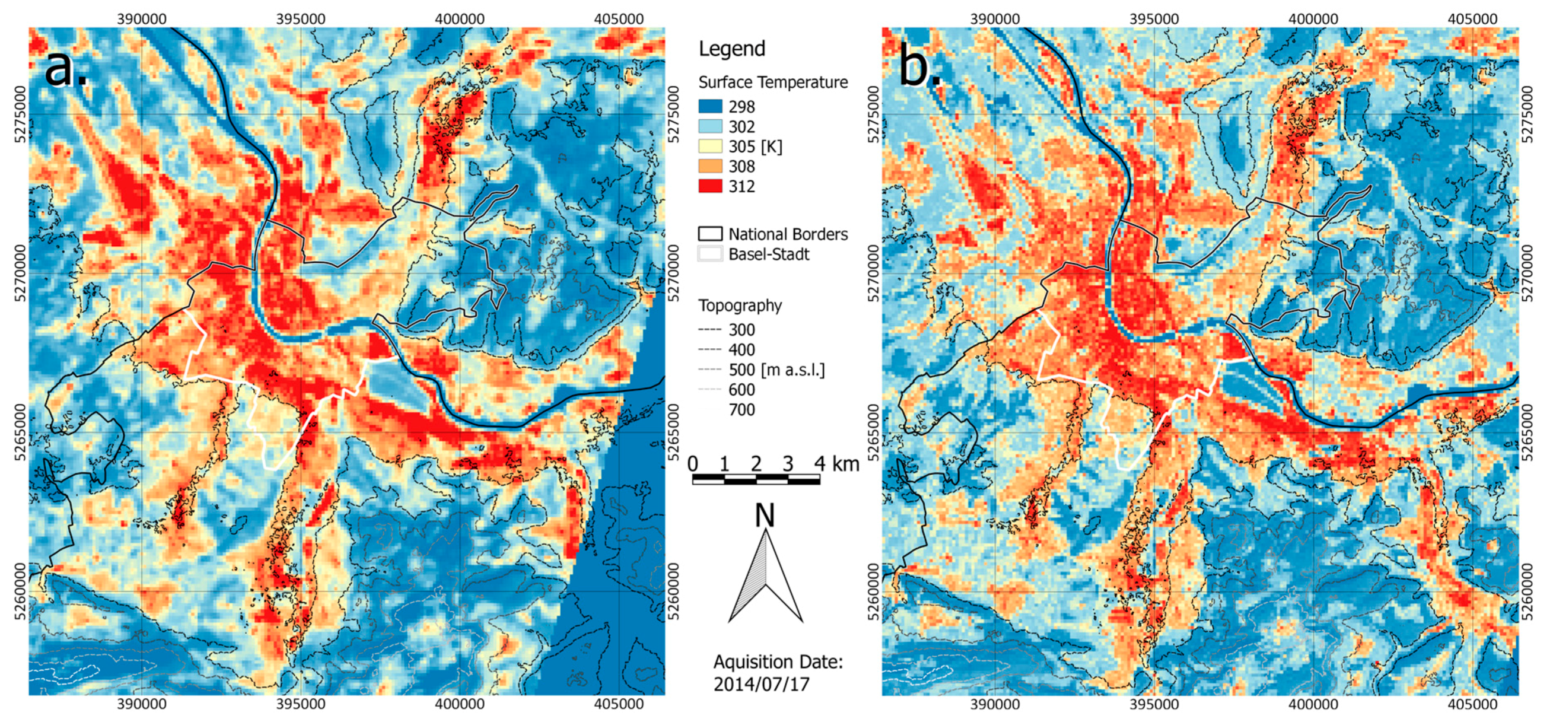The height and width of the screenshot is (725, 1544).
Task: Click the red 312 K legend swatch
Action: point(710,186)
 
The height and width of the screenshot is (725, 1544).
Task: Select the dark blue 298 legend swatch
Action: point(710,107)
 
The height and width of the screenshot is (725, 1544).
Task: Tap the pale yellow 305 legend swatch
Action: point(710,147)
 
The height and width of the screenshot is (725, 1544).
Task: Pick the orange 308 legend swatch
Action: point(710,166)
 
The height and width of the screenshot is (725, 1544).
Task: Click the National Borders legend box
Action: point(710,234)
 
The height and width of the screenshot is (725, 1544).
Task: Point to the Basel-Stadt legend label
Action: point(769,255)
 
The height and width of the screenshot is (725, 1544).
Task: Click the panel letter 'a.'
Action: point(66,67)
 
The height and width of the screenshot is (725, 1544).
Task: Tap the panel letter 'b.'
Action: point(919,67)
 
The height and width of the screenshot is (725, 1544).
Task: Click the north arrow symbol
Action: point(765,575)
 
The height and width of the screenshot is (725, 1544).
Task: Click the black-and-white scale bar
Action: point(756,479)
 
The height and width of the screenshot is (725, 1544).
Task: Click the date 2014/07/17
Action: point(761,684)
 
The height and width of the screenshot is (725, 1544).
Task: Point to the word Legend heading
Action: point(732,49)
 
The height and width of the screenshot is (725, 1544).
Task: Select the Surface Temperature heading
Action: point(773,82)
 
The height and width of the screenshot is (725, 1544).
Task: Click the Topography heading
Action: point(740,306)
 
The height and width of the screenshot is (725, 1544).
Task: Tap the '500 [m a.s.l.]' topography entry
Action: point(777,370)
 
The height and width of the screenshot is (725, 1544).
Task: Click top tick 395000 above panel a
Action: point(301,18)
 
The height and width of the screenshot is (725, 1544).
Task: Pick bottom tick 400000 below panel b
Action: point(1313,704)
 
